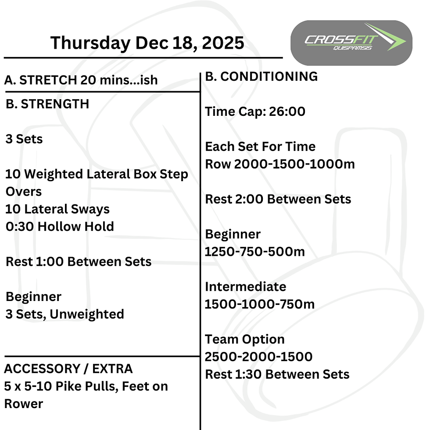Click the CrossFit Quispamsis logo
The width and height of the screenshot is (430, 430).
click(x=351, y=43)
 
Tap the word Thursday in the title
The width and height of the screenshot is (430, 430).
click(x=90, y=43)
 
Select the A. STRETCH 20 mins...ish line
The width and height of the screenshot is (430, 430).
click(x=81, y=80)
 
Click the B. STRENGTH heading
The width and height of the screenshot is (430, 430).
click(x=47, y=104)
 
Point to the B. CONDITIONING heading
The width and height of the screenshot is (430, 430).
click(x=262, y=76)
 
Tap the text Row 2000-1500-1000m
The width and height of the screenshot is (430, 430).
click(x=280, y=164)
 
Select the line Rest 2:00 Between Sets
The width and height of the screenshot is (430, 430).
click(x=278, y=199)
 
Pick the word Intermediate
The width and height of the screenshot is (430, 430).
click(x=245, y=287)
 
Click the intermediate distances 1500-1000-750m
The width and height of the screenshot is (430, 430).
click(x=260, y=305)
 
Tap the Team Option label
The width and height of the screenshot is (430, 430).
click(x=245, y=339)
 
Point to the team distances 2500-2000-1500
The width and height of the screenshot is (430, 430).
click(x=259, y=357)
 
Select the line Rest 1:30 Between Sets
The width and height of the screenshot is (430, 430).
click(x=277, y=374)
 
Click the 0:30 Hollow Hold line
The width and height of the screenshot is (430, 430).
click(x=60, y=226)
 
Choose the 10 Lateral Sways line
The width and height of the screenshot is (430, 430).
click(x=57, y=209)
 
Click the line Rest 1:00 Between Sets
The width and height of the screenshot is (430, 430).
click(x=79, y=262)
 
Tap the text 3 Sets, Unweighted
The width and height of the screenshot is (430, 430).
click(x=65, y=314)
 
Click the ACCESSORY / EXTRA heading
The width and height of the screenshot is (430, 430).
click(x=68, y=369)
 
